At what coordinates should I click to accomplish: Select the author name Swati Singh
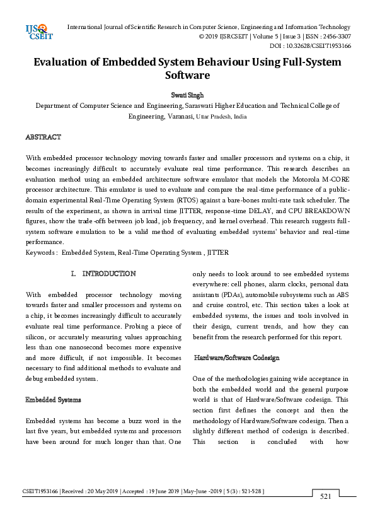pos(187,95)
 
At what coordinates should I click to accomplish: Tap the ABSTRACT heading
pos(43,137)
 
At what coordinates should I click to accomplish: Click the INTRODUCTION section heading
pos(108,274)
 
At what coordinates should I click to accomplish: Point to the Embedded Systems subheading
pos(52,400)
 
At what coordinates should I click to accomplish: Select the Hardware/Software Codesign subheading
pos(233,358)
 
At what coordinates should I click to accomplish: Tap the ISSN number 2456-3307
pos(333,37)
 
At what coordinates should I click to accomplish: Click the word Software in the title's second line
pos(187,75)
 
